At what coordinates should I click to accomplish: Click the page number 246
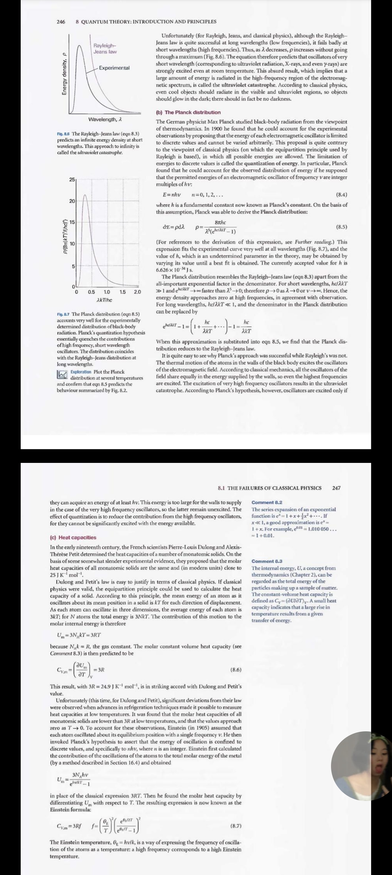[x=61, y=21]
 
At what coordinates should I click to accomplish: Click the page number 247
[x=336, y=488]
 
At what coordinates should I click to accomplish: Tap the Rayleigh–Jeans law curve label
[x=105, y=49]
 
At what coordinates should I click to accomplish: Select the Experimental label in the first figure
[x=114, y=68]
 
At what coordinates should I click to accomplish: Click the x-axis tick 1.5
[x=123, y=292]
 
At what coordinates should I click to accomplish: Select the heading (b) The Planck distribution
[x=188, y=112]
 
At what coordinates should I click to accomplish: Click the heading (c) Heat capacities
[x=73, y=537]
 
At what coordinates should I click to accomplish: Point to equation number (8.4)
[x=342, y=194]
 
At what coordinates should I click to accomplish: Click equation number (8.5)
[x=342, y=227]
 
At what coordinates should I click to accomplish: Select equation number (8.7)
[x=236, y=826]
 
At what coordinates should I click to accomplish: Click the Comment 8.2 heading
[x=267, y=502]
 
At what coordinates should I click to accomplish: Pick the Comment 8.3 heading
[x=267, y=561]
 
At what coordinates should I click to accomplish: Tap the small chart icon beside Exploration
[x=62, y=374]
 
